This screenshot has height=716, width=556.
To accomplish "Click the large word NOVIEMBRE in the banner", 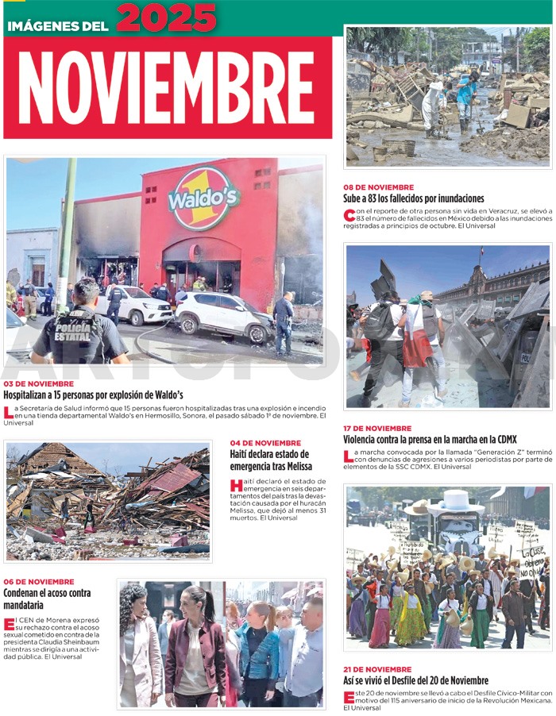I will point(166,87).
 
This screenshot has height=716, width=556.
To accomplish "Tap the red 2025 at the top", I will point(166,17).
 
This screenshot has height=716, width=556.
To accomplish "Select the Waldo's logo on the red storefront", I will point(204,198).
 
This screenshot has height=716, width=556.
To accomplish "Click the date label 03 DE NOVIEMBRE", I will point(39,384).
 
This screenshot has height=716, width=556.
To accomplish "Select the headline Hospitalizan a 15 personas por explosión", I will point(93,395).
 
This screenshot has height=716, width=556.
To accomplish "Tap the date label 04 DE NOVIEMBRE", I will point(265,443).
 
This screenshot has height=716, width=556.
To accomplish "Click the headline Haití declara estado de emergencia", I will point(269,460).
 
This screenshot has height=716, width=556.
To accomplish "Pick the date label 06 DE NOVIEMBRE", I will point(39,582).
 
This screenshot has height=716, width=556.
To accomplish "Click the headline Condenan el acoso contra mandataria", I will point(47,599).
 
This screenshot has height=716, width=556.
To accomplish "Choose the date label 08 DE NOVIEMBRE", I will point(378,187).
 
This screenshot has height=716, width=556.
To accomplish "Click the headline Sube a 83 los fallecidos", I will point(413,198).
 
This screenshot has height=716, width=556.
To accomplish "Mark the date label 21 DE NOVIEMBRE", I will point(377,669).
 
